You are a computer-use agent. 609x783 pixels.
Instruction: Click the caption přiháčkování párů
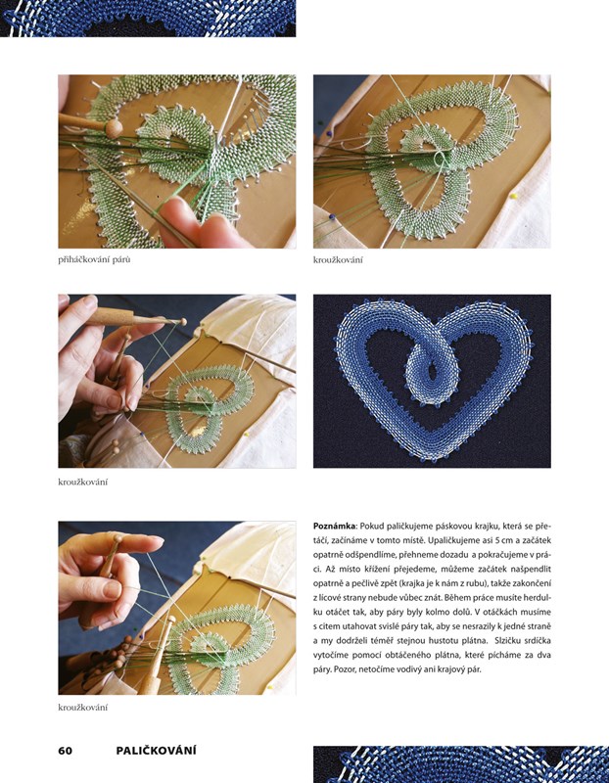point(94,259)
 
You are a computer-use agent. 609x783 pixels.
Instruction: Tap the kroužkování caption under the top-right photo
point(338,259)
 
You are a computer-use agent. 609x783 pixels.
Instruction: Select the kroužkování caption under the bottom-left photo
point(83,707)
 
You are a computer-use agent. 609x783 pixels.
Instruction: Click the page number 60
point(66,751)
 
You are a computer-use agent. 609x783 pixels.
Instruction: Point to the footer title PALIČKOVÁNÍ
point(157,750)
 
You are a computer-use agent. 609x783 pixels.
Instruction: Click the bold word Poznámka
point(335,526)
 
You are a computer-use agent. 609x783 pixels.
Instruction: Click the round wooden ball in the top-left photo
point(114,129)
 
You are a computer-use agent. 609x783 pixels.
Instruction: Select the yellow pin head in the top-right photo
point(513,197)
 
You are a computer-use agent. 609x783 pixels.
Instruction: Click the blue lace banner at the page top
point(148,18)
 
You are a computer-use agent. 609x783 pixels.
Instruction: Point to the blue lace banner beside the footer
point(461,764)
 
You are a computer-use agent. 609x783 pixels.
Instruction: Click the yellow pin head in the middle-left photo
point(246,435)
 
